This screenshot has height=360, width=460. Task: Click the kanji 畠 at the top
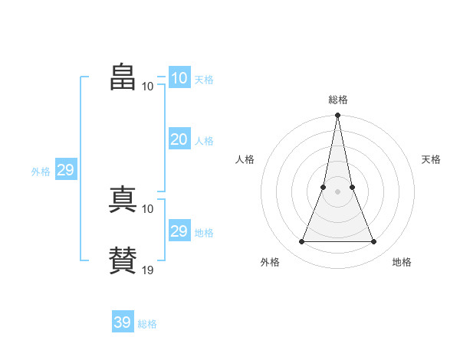click(123, 77)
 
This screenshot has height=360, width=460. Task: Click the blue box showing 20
click(179, 139)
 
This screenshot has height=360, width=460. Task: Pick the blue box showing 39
click(122, 322)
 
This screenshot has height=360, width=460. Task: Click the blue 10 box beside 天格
click(179, 78)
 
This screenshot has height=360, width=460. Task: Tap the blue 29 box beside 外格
click(65, 170)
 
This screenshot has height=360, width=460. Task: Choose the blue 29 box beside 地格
click(179, 231)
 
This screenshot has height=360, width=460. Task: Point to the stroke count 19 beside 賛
click(148, 270)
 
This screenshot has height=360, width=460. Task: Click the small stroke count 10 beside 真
click(148, 208)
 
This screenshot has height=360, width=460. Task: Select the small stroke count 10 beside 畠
click(148, 86)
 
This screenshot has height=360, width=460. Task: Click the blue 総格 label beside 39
click(147, 324)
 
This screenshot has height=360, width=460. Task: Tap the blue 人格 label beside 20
click(204, 141)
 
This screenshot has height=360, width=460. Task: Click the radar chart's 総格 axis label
click(338, 100)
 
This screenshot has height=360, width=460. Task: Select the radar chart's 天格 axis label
click(432, 159)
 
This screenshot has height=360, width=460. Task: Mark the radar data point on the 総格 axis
click(337, 116)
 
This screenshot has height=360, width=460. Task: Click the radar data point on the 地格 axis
click(374, 242)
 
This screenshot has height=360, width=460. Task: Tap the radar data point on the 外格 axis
click(301, 242)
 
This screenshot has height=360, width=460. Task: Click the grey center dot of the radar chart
click(337, 191)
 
